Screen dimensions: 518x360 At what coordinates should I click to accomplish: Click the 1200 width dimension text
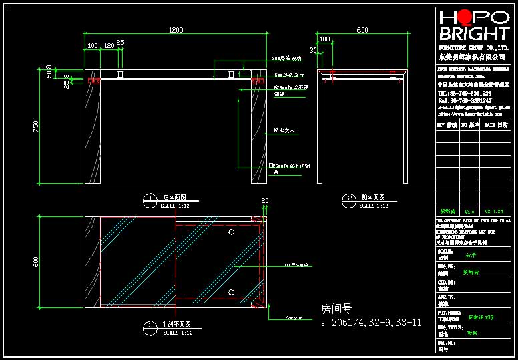click(176, 30)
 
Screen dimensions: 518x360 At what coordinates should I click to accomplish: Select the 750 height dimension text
click(37, 126)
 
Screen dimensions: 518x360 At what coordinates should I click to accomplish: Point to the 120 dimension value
click(109, 47)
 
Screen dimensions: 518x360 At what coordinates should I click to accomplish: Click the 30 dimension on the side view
click(312, 50)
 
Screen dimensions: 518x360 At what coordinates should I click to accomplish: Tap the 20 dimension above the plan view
click(264, 200)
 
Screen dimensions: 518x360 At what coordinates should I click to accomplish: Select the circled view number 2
click(349, 198)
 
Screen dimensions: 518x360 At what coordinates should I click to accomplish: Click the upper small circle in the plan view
click(231, 232)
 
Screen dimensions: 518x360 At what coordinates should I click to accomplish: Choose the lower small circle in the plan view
click(231, 292)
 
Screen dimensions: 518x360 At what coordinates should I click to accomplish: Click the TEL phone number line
click(465, 93)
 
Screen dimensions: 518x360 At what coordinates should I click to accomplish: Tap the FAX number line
click(465, 100)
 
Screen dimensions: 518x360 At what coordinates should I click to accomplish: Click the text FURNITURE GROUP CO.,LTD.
click(474, 49)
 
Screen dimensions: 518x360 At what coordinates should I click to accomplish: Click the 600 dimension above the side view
click(362, 30)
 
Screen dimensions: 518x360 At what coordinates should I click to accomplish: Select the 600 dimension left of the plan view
click(37, 262)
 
